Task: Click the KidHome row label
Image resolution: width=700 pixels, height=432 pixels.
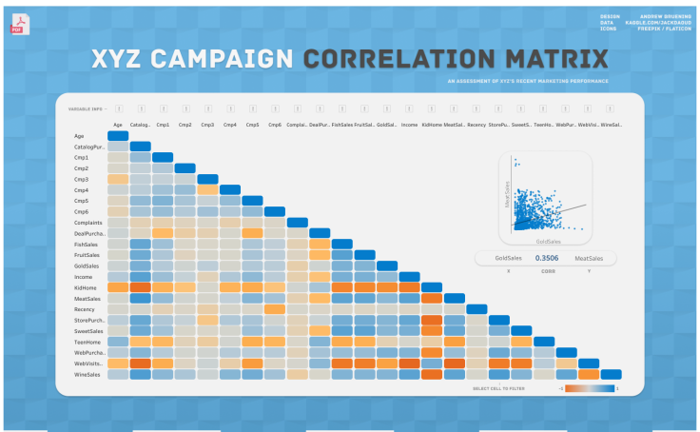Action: click(x=85, y=286)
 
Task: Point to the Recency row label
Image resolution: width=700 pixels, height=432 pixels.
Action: click(x=84, y=308)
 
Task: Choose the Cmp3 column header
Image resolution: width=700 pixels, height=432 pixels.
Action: click(x=207, y=125)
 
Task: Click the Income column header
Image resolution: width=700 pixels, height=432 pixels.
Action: click(x=409, y=125)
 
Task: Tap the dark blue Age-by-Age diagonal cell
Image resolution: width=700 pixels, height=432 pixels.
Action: click(x=118, y=135)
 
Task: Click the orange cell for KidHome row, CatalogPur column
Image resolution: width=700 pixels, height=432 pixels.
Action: click(x=140, y=286)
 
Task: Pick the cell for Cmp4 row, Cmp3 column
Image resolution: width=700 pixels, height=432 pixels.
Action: click(x=207, y=189)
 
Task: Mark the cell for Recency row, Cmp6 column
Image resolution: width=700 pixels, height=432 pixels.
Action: click(x=275, y=308)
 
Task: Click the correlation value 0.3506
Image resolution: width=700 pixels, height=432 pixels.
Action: click(x=546, y=258)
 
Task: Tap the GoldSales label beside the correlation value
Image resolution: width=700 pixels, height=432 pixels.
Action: click(x=509, y=258)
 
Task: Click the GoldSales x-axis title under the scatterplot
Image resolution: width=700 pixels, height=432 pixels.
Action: click(x=546, y=242)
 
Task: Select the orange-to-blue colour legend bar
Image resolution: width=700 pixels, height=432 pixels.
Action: click(x=590, y=388)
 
